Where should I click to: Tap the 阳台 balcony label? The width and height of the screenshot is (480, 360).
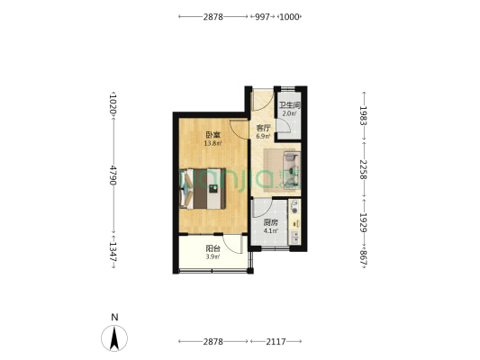213,248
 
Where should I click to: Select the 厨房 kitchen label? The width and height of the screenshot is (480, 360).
270,222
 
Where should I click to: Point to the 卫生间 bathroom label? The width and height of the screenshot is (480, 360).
289,105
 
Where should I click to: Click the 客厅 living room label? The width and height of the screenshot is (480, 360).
263,128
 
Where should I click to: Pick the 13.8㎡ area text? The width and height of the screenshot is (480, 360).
213,143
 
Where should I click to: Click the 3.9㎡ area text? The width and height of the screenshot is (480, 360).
213,256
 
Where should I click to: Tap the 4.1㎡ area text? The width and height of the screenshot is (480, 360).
270,230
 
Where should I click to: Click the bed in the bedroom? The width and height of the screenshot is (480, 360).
203,189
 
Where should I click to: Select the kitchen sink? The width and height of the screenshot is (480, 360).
294,237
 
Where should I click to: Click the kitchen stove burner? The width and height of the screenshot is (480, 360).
294,211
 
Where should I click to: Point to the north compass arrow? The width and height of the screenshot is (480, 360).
114,338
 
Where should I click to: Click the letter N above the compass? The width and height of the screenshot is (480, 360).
114,317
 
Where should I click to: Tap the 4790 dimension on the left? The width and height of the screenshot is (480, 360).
113,175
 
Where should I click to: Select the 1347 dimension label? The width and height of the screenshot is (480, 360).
113,252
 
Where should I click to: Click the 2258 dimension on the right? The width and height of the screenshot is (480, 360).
364,169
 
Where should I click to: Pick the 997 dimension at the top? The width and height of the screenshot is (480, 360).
263,17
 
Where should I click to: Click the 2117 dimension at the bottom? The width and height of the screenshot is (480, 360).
276,341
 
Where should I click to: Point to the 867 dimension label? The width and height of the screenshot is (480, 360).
364,257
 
